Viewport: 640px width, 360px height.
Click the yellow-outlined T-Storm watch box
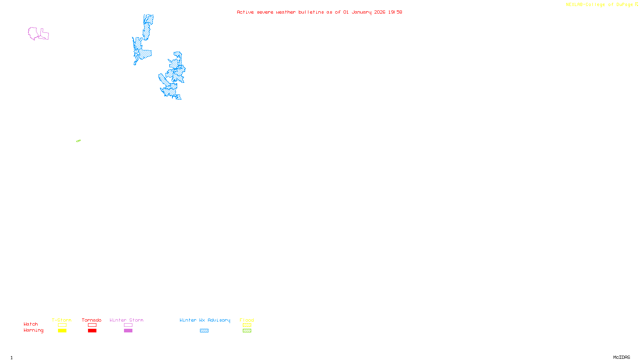pyautogui.click(x=62, y=325)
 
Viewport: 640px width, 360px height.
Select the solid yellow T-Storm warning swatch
pyautogui.click(x=62, y=331)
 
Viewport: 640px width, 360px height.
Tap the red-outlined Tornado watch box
pyautogui.click(x=92, y=325)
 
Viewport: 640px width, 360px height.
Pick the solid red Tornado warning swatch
pyautogui.click(x=92, y=331)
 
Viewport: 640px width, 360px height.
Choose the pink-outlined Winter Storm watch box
pyautogui.click(x=128, y=325)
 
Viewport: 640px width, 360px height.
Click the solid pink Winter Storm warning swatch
pyautogui.click(x=128, y=331)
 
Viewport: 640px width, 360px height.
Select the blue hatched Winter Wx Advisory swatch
pyautogui.click(x=204, y=331)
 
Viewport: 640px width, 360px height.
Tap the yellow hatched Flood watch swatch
pyautogui.click(x=247, y=325)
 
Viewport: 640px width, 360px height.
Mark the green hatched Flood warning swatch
pyautogui.click(x=247, y=331)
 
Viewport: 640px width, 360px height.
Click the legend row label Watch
pyautogui.click(x=31, y=324)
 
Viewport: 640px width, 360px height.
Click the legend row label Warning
pyautogui.click(x=34, y=330)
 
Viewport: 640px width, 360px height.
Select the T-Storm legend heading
pyautogui.click(x=62, y=320)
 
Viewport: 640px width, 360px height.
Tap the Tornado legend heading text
pyautogui.click(x=92, y=320)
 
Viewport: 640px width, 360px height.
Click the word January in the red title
pyautogui.click(x=361, y=12)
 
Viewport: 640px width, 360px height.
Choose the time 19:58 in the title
pyautogui.click(x=395, y=12)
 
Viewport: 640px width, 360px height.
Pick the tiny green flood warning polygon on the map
pyautogui.click(x=78, y=141)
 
